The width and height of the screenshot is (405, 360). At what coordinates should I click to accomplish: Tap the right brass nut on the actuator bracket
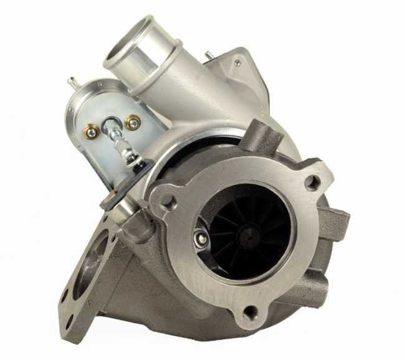(x=132, y=122)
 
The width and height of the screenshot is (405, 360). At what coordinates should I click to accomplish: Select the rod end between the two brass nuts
(x=111, y=126)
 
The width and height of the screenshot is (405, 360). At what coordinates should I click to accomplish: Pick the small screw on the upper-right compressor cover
(x=237, y=62)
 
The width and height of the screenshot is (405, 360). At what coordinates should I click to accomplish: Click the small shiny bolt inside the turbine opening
(x=201, y=237)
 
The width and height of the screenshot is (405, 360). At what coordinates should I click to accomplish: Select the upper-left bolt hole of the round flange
(x=167, y=201)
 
